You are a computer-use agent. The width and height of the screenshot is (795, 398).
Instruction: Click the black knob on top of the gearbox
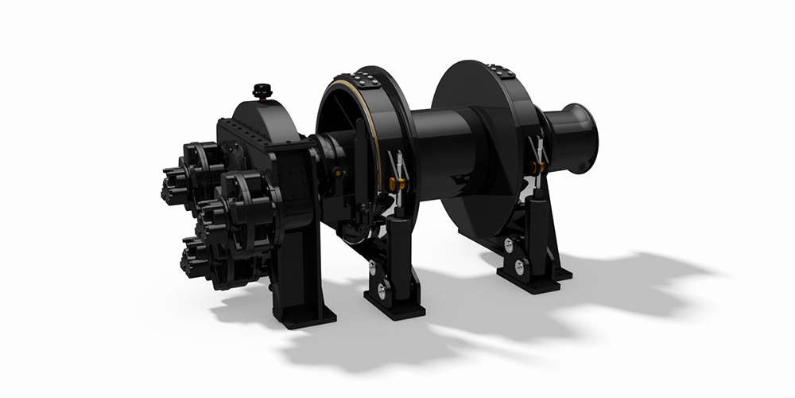click(x=262, y=91)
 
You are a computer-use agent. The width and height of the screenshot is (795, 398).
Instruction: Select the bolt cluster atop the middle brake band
click(x=366, y=79)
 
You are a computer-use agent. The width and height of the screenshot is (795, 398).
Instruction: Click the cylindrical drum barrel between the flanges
click(x=445, y=151)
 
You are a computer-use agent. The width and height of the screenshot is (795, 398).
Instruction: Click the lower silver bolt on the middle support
click(x=382, y=291)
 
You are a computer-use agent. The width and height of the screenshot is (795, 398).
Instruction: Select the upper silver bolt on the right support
click(x=509, y=245)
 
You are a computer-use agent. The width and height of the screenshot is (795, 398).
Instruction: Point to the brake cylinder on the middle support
click(x=397, y=239)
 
